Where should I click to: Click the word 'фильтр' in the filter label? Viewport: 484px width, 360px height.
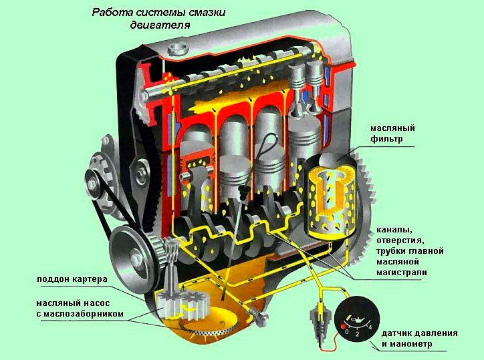point(386,139)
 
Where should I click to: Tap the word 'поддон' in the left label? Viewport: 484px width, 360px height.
point(53,279)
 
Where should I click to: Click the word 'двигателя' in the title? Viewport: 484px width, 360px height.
point(160,25)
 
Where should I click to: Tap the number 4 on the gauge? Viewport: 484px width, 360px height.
point(370,327)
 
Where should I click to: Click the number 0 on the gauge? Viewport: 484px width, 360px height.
point(347,332)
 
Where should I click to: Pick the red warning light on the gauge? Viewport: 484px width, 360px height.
point(342,327)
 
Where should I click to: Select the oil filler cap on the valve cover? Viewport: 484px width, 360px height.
point(177,49)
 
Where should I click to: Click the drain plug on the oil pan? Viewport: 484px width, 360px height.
point(260,317)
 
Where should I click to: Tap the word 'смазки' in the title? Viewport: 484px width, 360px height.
point(203,13)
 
